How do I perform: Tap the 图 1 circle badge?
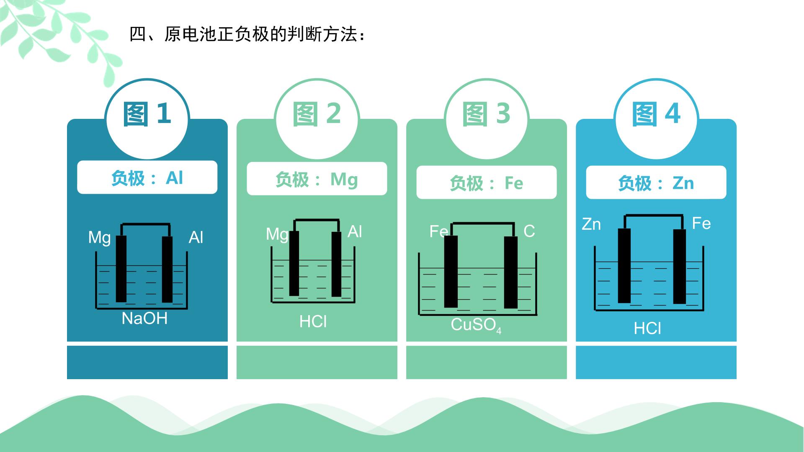point(147,119)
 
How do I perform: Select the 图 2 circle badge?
point(317,119)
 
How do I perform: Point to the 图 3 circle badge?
point(487,119)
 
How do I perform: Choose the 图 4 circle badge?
point(656,119)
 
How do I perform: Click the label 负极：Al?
point(147,177)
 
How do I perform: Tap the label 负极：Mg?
point(317,179)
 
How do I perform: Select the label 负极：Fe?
point(486,183)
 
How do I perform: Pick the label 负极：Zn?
point(656,183)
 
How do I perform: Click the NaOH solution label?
point(144,318)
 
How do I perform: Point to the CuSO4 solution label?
point(476,325)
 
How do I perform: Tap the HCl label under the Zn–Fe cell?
point(647,329)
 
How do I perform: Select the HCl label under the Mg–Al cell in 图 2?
point(313,321)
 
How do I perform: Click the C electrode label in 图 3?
point(529,231)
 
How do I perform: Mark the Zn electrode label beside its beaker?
point(591,224)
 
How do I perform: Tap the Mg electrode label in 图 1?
point(99,238)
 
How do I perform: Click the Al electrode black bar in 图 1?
point(167,269)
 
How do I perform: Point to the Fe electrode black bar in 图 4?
point(679,266)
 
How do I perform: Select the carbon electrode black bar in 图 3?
point(511,272)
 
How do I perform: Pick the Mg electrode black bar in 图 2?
point(294,263)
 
